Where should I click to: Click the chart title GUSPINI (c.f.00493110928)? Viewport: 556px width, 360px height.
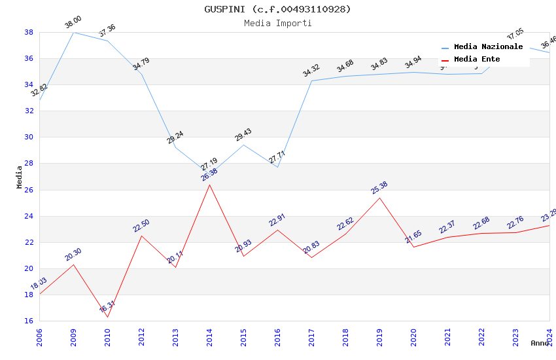(277, 9)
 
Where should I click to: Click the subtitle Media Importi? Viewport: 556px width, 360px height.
(277, 23)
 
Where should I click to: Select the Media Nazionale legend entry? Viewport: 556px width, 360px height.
(488, 46)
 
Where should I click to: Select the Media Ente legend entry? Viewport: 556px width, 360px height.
(477, 59)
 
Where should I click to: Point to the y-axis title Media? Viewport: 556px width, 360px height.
(20, 177)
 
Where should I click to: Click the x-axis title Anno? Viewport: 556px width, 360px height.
(540, 343)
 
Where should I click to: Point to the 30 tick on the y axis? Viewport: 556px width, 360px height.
(29, 137)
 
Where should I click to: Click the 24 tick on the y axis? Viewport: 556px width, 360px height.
(29, 216)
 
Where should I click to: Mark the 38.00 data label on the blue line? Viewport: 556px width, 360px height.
(73, 24)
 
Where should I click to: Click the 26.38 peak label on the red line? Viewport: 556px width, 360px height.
(209, 175)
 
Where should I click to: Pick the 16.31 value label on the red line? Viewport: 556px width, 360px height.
(107, 306)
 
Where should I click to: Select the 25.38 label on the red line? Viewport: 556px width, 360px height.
(379, 188)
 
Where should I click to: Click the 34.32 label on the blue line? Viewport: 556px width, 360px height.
(311, 70)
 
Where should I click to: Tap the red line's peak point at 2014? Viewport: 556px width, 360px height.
(209, 185)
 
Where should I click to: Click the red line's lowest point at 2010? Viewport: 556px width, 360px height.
(107, 317)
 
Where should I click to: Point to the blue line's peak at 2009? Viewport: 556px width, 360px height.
(73, 32)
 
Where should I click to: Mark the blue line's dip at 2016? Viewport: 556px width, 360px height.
(277, 167)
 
